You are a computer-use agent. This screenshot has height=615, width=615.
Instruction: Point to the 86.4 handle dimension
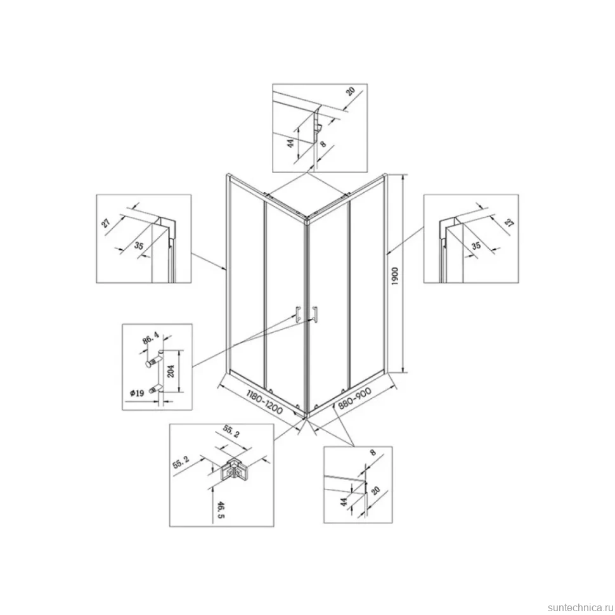pyautogui.click(x=150, y=338)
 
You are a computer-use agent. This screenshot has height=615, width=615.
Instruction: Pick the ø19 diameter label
pyautogui.click(x=138, y=392)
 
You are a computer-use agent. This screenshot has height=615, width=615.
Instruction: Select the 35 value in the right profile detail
pyautogui.click(x=476, y=245)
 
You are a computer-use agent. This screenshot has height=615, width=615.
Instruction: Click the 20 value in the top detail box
pyautogui.click(x=350, y=91)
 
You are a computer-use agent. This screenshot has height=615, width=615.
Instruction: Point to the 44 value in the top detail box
pyautogui.click(x=290, y=143)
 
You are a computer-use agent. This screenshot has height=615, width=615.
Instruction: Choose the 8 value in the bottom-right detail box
pyautogui.click(x=373, y=453)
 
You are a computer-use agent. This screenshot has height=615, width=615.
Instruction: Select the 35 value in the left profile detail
pyautogui.click(x=138, y=245)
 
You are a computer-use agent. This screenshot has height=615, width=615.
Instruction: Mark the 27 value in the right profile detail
pyautogui.click(x=508, y=223)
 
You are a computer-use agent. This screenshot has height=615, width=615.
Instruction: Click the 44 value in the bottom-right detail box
pyautogui.click(x=344, y=502)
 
